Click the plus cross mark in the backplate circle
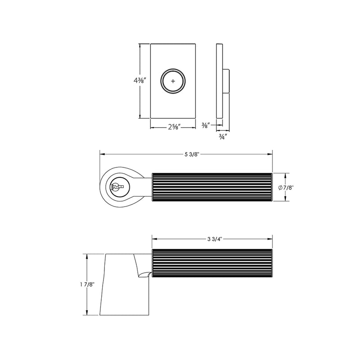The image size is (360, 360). point(173,82)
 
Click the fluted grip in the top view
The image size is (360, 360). point(212,187)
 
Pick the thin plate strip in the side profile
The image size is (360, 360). point(220,81)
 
